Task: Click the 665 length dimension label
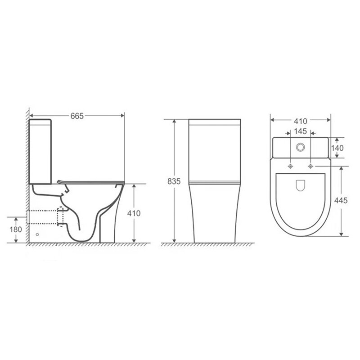pos(77,116)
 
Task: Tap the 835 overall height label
pos(174,181)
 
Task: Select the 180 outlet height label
pos(16,229)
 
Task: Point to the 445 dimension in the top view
pos(341,200)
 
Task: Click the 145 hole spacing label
pos(300,131)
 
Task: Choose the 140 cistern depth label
pos(337,148)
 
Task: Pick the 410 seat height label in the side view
pos(134,213)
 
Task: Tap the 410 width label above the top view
pos(300,121)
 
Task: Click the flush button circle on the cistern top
pos(300,147)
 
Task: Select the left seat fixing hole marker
pos(290,166)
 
